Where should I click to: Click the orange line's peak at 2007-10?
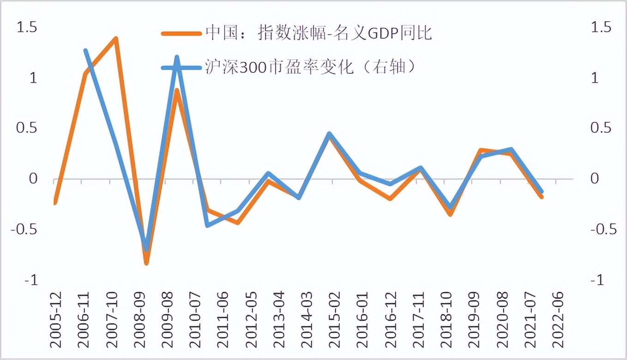(x=115, y=38)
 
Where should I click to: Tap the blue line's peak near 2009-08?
(x=177, y=58)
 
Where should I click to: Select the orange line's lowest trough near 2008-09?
(x=146, y=263)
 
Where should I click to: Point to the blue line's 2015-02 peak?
(x=329, y=134)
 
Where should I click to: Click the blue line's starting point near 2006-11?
(x=86, y=50)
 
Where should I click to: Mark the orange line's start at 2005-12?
(x=55, y=202)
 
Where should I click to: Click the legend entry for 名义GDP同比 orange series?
(x=295, y=33)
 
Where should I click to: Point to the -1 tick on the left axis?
(x=30, y=280)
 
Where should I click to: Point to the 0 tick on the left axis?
(x=33, y=179)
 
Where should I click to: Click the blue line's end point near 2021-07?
(x=541, y=191)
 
